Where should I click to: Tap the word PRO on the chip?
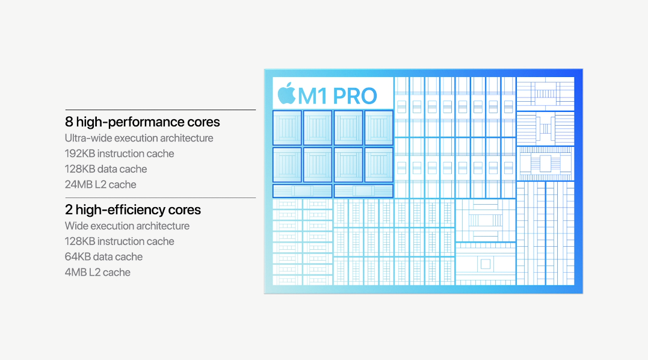pos(354,96)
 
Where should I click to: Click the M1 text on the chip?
pos(313,96)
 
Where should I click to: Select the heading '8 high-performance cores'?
pos(142,122)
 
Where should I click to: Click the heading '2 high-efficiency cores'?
pos(132,209)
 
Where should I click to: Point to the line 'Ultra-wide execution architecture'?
pos(139,138)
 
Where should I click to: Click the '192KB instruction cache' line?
pos(120,154)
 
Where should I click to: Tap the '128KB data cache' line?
pos(106,169)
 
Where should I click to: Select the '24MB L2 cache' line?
pos(100,184)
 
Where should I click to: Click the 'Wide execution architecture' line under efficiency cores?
pos(127,226)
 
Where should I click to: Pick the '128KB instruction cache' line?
pos(120,241)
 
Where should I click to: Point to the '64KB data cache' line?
pos(103,256)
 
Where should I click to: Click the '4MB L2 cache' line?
pos(97,272)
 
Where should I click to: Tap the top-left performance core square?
pos(287,128)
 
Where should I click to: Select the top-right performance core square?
pos(379,128)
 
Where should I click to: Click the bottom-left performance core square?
pos(287,165)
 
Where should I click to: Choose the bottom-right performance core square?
pos(379,165)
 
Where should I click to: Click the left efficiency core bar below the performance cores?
pos(303,191)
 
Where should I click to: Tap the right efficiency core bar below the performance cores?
pos(363,191)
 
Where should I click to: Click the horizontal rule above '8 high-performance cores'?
pos(161,110)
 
